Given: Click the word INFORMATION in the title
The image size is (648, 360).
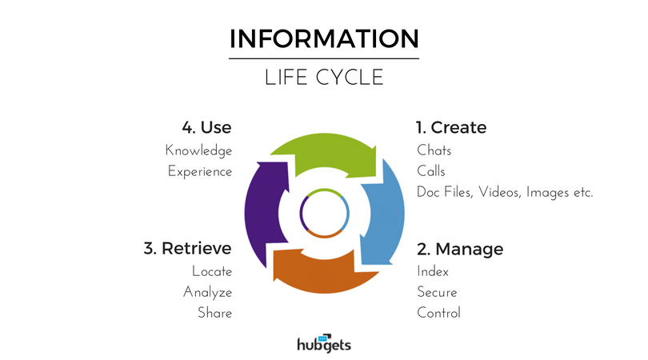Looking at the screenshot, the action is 324,39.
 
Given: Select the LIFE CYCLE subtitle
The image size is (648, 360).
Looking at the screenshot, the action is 324,78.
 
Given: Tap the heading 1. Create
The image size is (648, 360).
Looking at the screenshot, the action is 451,127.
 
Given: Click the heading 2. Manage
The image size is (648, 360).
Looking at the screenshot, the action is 460,249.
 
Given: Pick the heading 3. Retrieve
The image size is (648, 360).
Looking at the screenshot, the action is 188,249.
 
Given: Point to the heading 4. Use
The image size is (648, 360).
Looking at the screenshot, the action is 206,127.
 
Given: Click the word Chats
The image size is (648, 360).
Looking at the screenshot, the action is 434,150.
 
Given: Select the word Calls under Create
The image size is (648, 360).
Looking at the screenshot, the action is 431,170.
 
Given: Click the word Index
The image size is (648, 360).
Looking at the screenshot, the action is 433,271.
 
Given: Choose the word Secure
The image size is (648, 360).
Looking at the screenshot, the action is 437,292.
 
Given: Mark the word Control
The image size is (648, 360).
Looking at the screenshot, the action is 438,313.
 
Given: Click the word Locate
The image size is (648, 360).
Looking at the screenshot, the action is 212,271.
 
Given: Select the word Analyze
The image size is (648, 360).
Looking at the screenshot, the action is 207,292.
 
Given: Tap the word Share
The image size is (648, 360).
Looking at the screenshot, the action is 215,313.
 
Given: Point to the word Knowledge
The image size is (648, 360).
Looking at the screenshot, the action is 198,151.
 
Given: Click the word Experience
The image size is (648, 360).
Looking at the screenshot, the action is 200,171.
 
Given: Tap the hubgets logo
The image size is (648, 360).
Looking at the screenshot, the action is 324,343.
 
